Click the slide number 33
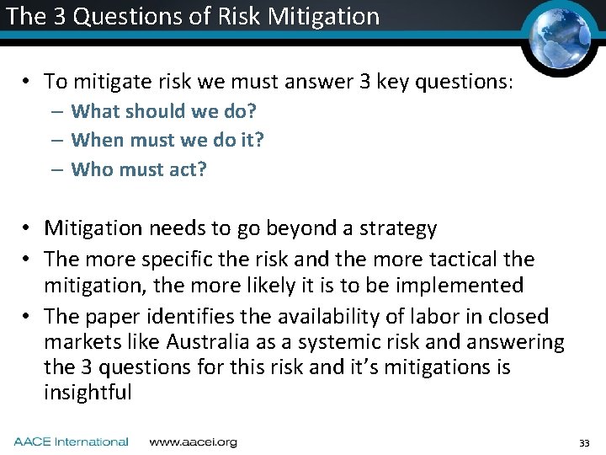(x=585, y=443)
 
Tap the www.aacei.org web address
(x=193, y=442)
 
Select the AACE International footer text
(x=71, y=442)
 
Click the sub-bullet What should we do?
(x=163, y=111)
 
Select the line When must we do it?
(x=167, y=140)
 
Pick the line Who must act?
(x=139, y=169)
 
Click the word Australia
(x=207, y=342)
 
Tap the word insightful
(x=88, y=393)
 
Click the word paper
(x=114, y=317)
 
